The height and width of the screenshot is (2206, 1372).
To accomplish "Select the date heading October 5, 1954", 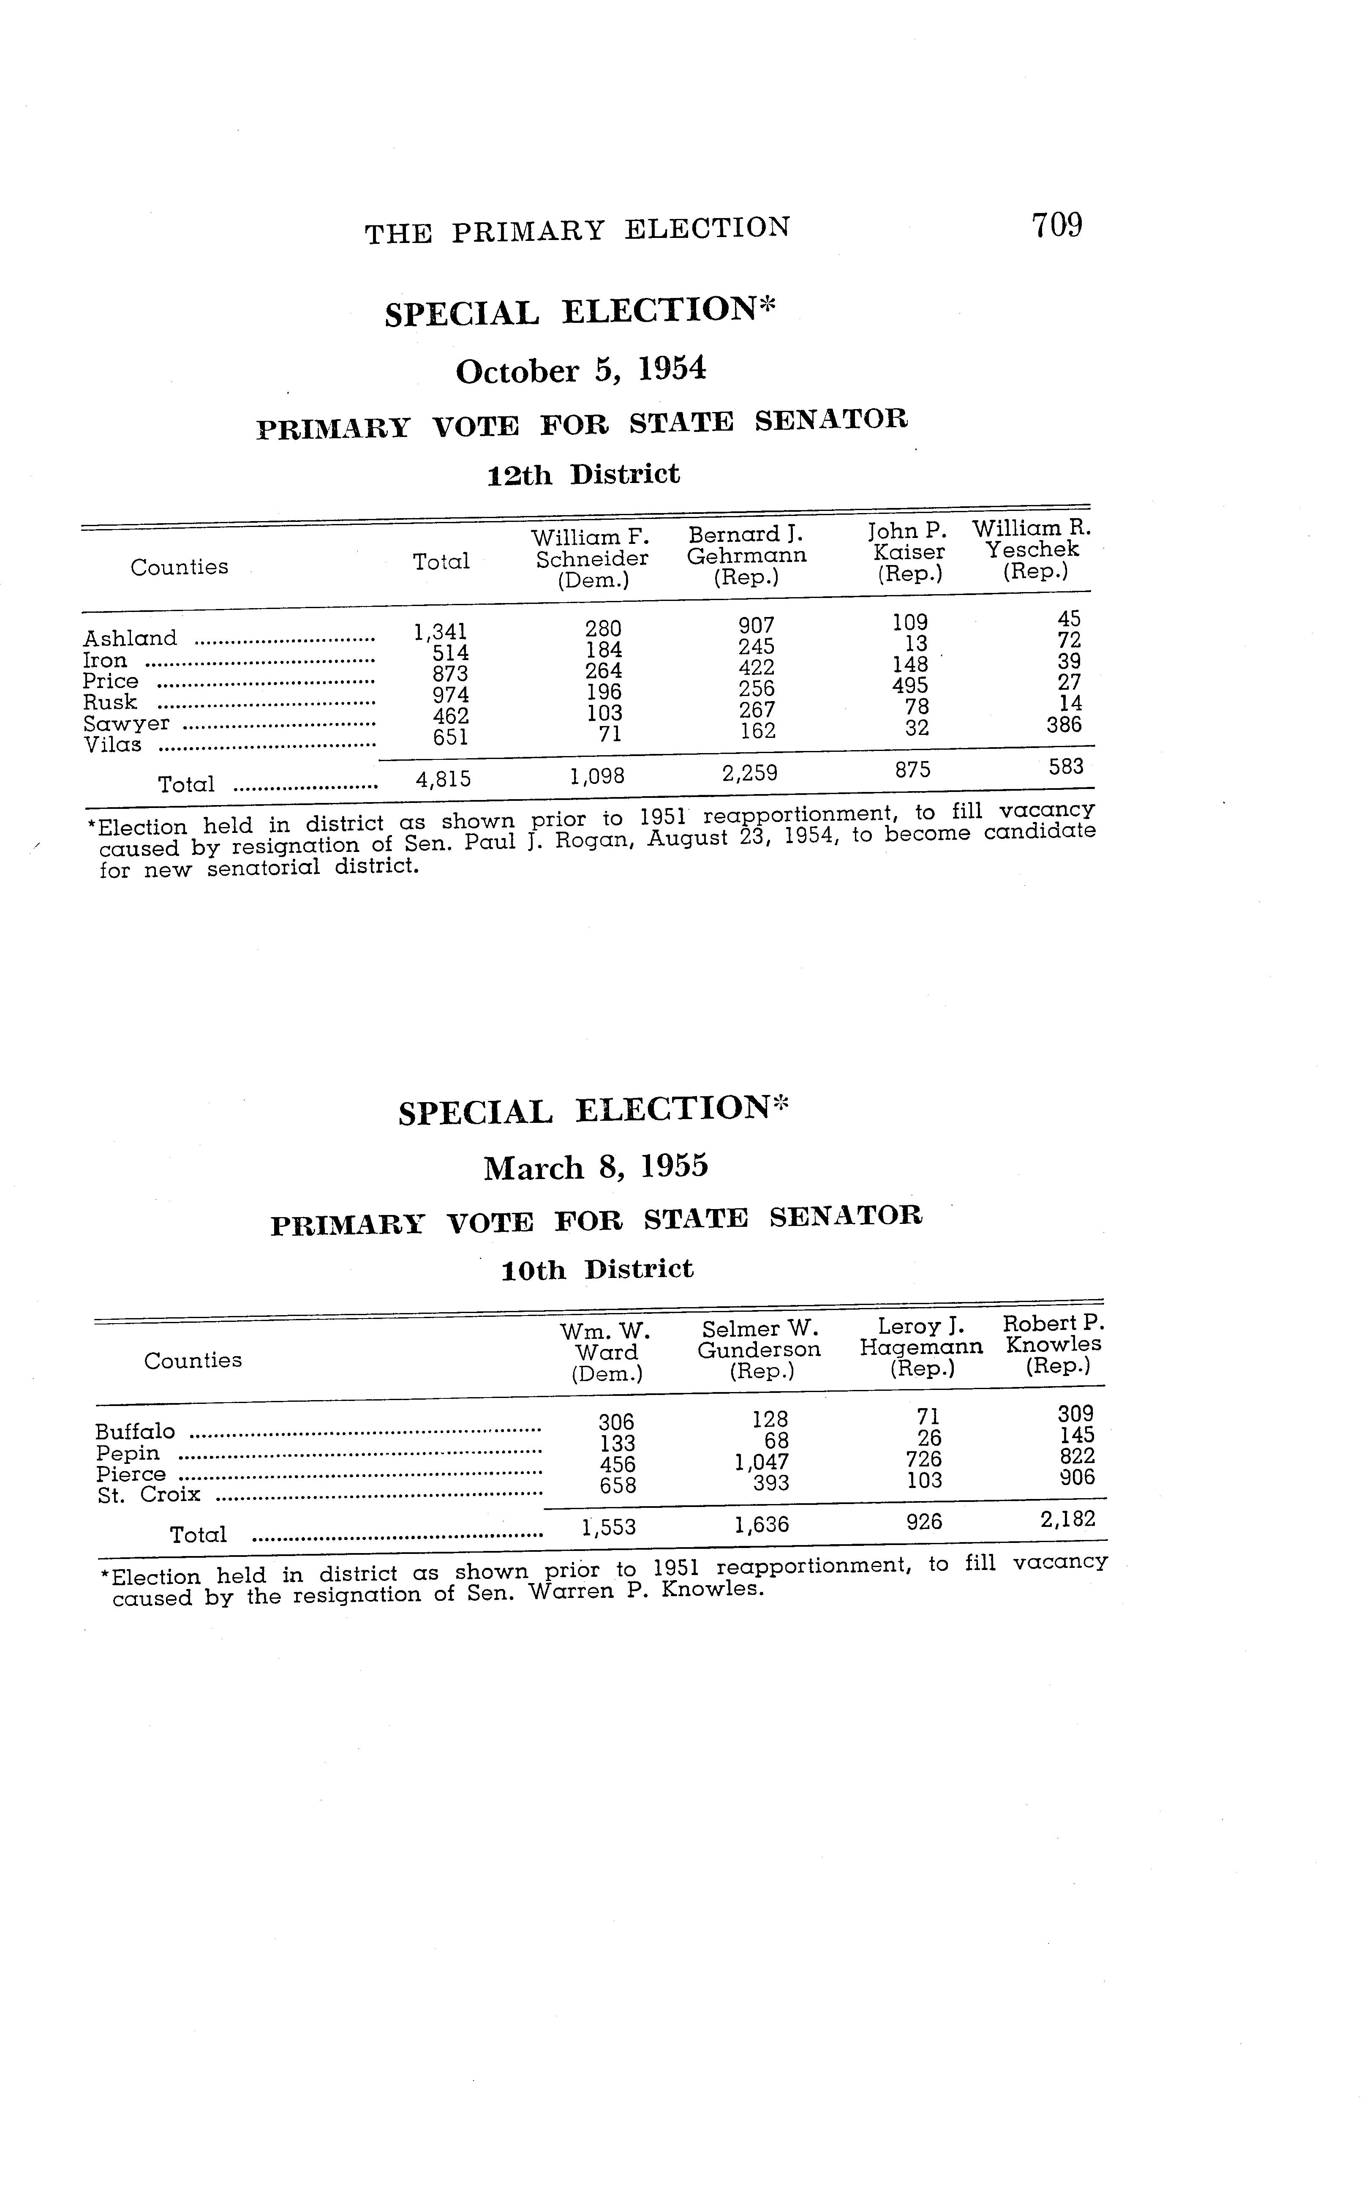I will [581, 370].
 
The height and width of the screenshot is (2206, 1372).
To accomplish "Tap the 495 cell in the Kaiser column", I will [910, 685].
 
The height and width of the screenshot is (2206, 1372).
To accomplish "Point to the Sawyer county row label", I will [126, 724].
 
